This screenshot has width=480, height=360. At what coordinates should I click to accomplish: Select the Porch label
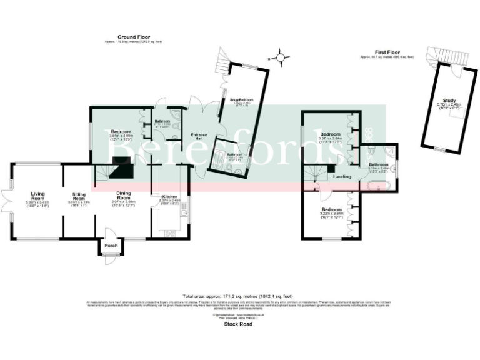(111, 245)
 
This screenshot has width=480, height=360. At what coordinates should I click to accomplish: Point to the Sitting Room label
(79, 196)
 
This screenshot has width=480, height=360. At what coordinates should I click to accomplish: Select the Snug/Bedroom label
(241, 99)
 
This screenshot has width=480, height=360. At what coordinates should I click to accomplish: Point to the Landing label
(342, 176)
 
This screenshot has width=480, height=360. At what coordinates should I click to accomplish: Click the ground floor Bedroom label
(121, 131)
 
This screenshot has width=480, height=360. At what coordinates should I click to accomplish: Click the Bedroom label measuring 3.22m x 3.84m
(331, 209)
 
